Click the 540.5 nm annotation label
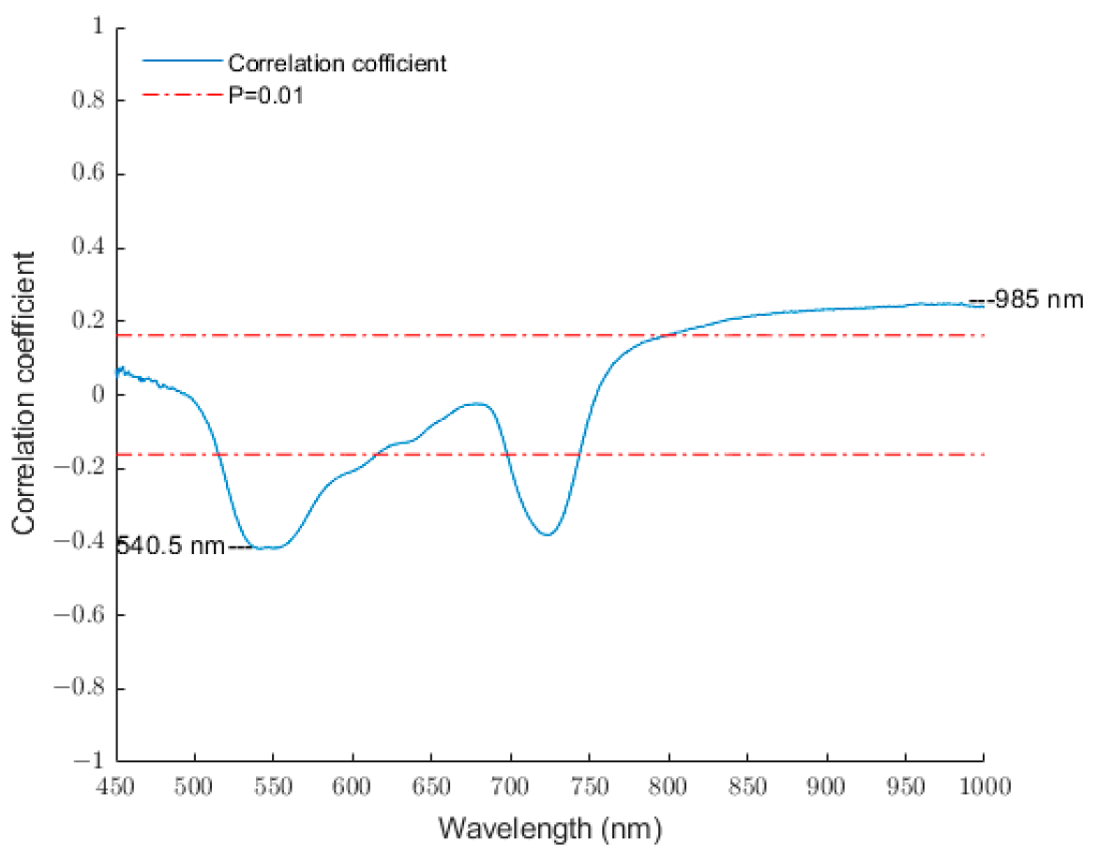[171, 546]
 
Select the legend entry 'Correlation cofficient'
[337, 64]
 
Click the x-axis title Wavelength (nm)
[550, 829]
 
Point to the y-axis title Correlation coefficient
[26, 393]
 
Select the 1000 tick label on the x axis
[983, 786]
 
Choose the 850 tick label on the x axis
[747, 786]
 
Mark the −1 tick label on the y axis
[88, 761]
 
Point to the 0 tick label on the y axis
[96, 395]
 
